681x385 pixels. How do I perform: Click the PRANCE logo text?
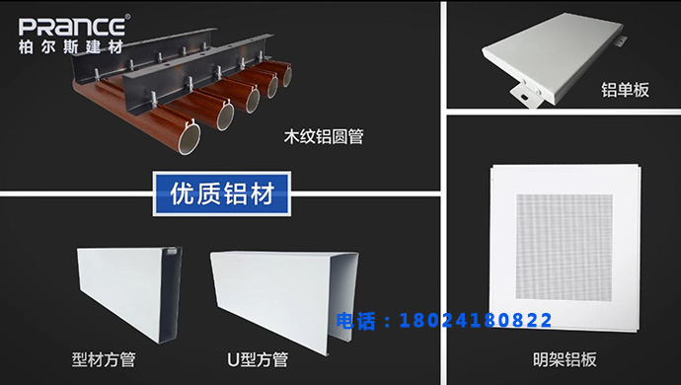[72, 26]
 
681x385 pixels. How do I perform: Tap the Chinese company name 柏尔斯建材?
[72, 46]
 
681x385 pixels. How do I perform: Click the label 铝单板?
[626, 90]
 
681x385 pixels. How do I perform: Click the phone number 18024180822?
[474, 320]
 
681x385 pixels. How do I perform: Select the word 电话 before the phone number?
[358, 320]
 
